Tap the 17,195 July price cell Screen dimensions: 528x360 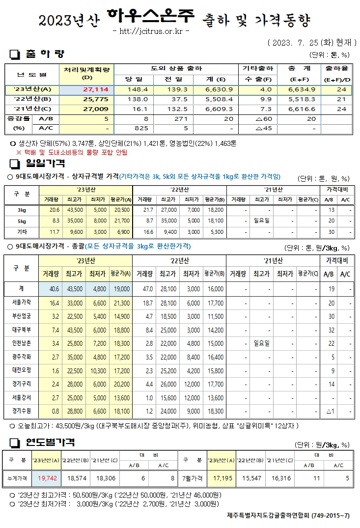[221, 477]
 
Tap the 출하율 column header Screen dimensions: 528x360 [337, 68]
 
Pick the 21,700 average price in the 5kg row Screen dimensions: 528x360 [121, 221]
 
